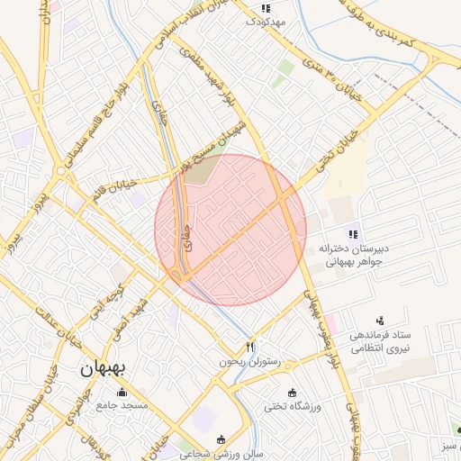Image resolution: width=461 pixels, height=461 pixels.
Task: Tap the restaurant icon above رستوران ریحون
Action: (250, 347)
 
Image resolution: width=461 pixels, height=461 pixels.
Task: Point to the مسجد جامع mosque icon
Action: (122, 393)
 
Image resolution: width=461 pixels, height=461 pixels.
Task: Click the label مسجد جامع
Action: (122, 407)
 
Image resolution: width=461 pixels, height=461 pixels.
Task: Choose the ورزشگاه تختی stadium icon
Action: (292, 393)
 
